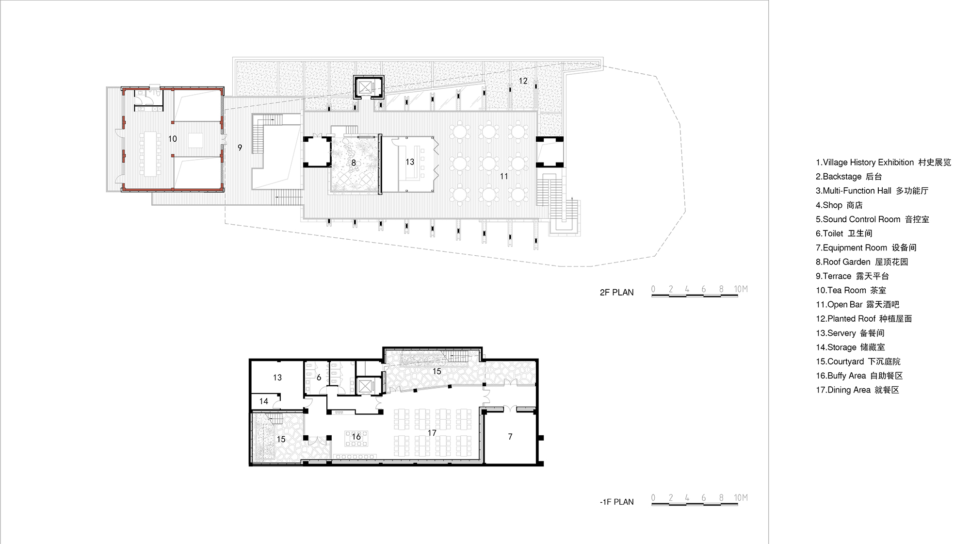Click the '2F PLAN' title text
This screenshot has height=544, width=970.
(616, 292)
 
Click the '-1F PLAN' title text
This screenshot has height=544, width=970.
(616, 502)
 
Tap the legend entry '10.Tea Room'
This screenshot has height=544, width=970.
(851, 290)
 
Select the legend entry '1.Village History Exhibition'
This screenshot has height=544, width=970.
(883, 162)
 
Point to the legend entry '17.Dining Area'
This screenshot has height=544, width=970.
(857, 390)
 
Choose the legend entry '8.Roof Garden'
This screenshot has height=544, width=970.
(861, 262)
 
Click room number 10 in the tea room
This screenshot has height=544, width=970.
(172, 139)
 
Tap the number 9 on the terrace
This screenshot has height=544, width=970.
(240, 148)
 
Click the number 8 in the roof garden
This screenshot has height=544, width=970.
(354, 163)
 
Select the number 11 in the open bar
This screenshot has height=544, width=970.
(504, 176)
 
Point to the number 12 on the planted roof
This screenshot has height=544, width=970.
(523, 81)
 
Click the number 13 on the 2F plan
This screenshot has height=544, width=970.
(410, 162)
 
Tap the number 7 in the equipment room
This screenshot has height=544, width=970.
(510, 437)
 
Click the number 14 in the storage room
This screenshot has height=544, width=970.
(263, 401)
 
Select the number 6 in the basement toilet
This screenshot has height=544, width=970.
(319, 378)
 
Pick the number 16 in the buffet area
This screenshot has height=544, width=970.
(356, 437)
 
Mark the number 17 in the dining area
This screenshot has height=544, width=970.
(432, 433)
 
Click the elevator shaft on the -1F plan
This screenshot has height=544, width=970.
(364, 387)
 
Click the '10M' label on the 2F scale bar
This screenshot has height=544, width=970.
(741, 289)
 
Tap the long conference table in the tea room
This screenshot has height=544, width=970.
(150, 153)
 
